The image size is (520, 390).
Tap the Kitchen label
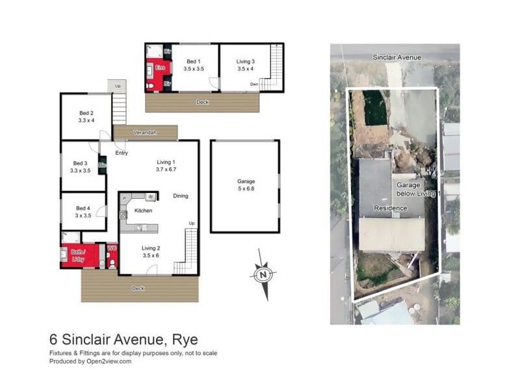(x=143, y=211)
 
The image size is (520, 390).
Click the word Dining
(x=181, y=196)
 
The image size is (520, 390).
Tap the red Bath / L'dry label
(x=78, y=255)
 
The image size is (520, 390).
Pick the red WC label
(x=111, y=248)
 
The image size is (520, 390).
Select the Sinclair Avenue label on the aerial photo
(x=396, y=57)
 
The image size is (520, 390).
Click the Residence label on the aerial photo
(x=390, y=208)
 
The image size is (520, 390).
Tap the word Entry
(x=122, y=153)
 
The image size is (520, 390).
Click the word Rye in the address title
(x=185, y=339)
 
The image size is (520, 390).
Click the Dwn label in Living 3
(x=255, y=84)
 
